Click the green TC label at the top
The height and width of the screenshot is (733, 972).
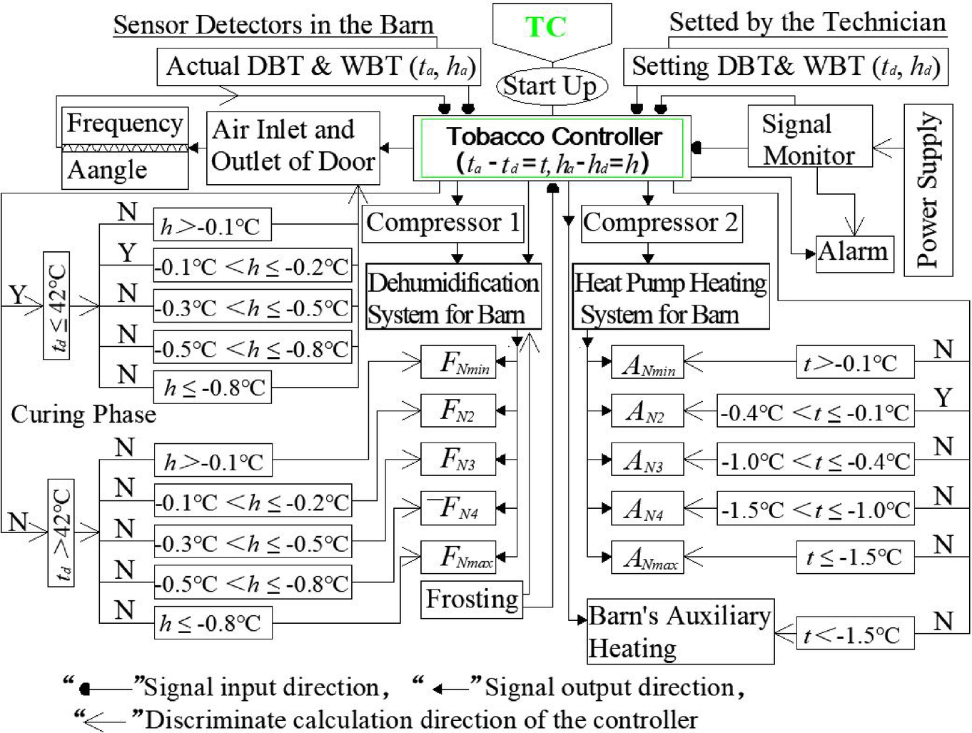[x=546, y=27]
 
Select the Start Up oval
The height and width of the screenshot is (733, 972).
[x=550, y=86]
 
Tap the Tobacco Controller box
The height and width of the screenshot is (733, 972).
[x=552, y=148]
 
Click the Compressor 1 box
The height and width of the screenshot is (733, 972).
[x=443, y=223]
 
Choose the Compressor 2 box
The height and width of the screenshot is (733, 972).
[x=661, y=223]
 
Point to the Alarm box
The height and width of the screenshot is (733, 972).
[x=854, y=252]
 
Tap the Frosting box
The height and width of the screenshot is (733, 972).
[x=472, y=599]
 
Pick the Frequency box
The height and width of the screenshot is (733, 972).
[x=124, y=125]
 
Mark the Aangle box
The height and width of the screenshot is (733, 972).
[x=124, y=171]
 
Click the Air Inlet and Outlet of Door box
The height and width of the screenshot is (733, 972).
[x=293, y=147]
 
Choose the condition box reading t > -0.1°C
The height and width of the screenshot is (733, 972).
[x=854, y=363]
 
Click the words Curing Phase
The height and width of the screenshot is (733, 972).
[x=83, y=414]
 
